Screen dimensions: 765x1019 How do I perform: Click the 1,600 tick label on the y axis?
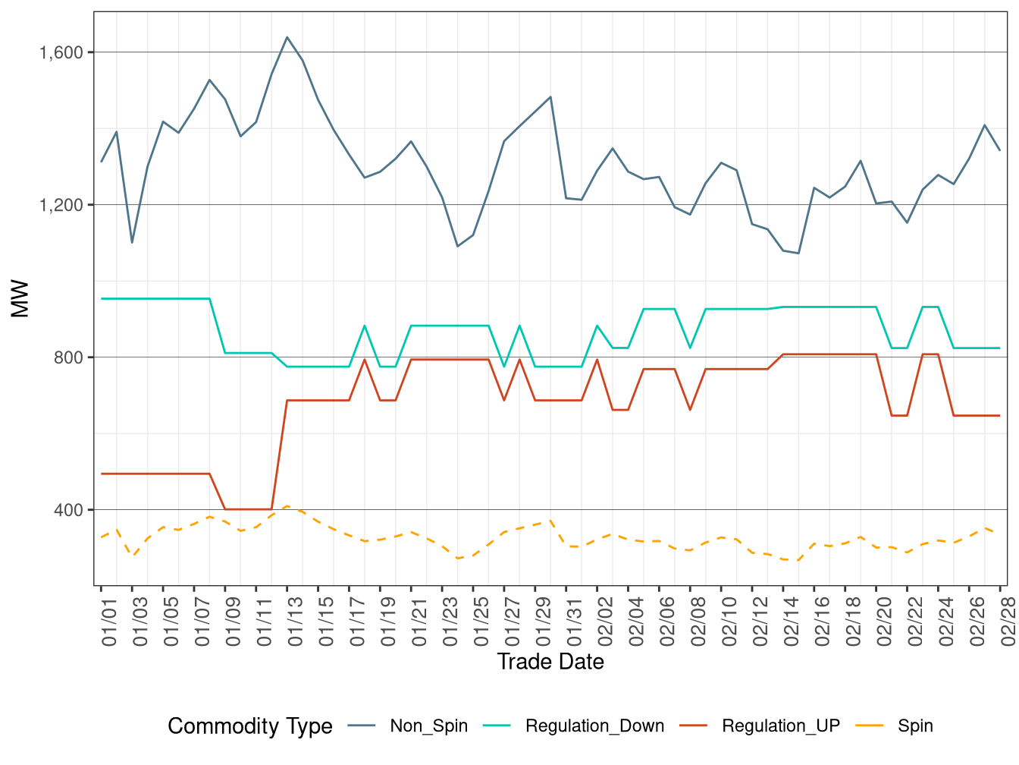[61, 52]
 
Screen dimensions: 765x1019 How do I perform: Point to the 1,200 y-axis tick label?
[61, 205]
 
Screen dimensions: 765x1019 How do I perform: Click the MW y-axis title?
[20, 298]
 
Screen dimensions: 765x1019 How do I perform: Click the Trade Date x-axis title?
[550, 662]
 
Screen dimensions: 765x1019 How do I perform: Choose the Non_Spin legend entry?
[428, 726]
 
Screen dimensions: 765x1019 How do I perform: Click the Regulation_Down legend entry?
[594, 726]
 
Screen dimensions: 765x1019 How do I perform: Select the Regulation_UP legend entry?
[780, 726]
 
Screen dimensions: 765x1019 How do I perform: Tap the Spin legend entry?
[914, 726]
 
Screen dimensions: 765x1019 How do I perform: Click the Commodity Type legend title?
[249, 726]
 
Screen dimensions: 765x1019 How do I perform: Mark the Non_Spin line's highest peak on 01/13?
[287, 37]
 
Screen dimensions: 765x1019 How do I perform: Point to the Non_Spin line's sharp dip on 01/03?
[132, 243]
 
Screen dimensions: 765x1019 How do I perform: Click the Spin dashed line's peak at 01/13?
[287, 506]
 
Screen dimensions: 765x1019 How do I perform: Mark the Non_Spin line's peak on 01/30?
[550, 97]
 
